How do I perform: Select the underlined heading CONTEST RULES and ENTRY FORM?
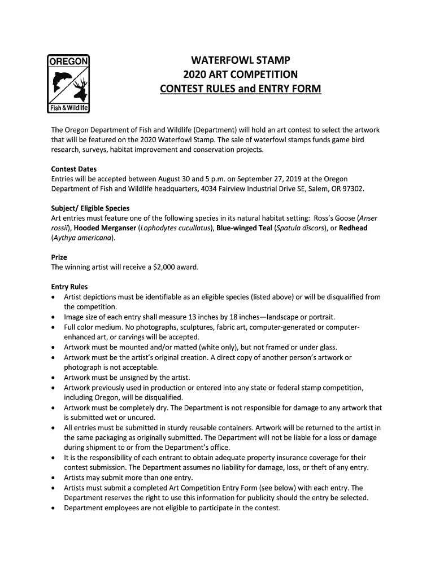[241, 89]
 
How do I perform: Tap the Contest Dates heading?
[74, 169]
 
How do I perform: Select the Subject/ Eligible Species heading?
[90, 208]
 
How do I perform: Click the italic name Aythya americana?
[82, 238]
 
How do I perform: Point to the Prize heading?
[59, 257]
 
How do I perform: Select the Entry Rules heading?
[69, 287]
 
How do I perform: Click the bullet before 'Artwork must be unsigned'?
[54, 378]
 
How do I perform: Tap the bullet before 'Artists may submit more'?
[54, 478]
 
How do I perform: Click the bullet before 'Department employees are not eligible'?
[54, 507]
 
